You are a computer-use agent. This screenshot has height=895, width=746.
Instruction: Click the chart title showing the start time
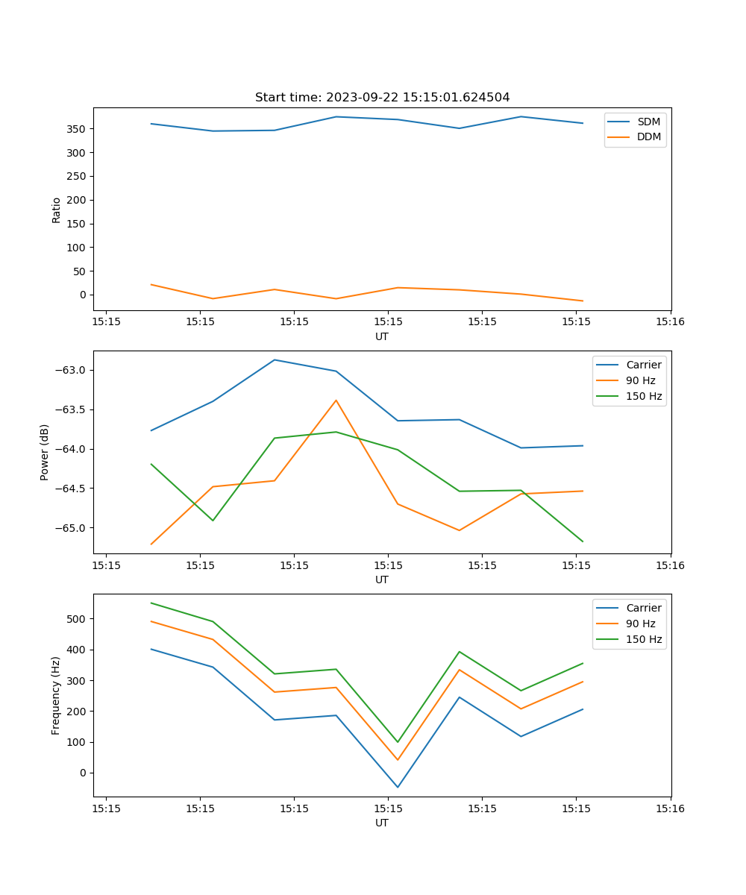point(382,98)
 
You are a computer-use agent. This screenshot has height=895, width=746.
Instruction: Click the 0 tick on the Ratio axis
point(81,295)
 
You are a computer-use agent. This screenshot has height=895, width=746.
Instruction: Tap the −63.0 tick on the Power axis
point(70,371)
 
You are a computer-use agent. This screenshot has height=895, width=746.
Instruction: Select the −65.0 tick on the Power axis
point(70,528)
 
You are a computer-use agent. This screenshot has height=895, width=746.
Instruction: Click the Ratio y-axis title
point(57,210)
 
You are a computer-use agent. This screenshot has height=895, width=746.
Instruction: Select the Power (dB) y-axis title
point(45,452)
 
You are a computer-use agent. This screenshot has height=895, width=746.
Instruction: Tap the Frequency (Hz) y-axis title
point(57,695)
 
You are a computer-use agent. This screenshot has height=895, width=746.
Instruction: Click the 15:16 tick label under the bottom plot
point(670,808)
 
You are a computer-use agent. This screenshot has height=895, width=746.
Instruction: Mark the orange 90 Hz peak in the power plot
point(336,401)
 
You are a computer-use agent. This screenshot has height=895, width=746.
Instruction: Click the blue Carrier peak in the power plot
point(275,360)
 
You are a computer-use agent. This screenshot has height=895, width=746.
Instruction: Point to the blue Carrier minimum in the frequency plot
point(398,787)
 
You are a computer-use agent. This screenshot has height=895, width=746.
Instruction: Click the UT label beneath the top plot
point(382,336)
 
